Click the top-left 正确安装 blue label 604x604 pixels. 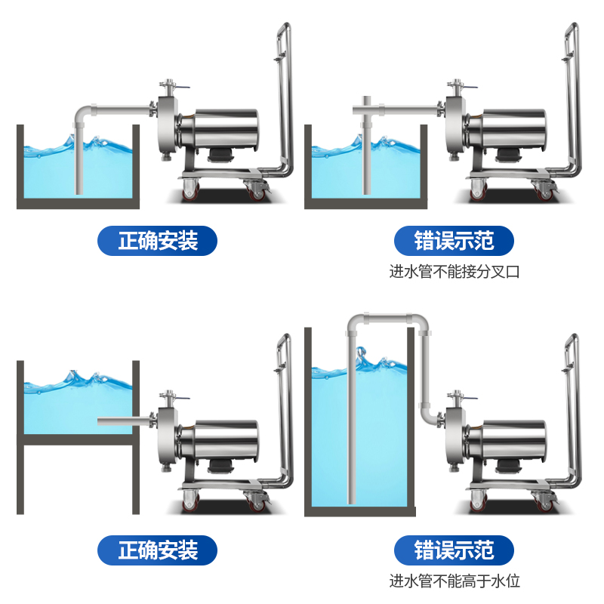[x=158, y=241]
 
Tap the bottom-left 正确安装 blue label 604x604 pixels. [x=158, y=550]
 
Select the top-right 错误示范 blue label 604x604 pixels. [x=454, y=241]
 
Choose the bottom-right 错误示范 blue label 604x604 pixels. [x=454, y=550]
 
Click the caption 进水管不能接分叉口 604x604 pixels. [x=455, y=272]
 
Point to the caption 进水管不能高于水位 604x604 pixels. [x=455, y=581]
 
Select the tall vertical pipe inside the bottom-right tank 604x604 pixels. [x=352, y=423]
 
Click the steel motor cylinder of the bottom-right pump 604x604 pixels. [x=513, y=442]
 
